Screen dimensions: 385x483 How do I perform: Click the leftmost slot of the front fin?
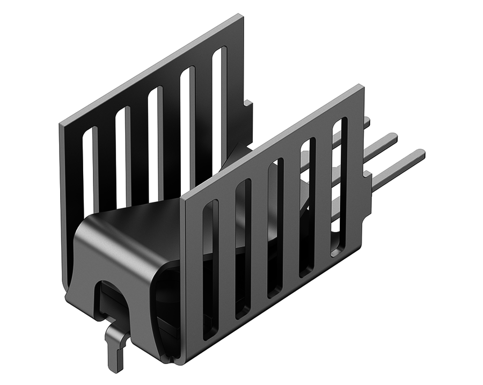coord(209,268)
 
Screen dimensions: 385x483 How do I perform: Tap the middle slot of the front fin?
coord(275,228)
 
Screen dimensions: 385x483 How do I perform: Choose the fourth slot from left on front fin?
coord(308,207)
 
